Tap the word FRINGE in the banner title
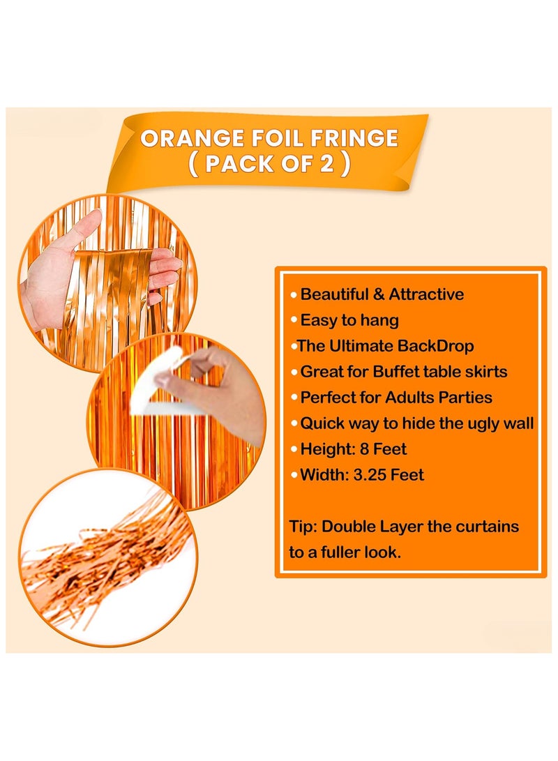pos(356,138)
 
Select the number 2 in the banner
pos(325,166)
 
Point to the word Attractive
pos(425,294)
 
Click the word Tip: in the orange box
pos(302,526)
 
